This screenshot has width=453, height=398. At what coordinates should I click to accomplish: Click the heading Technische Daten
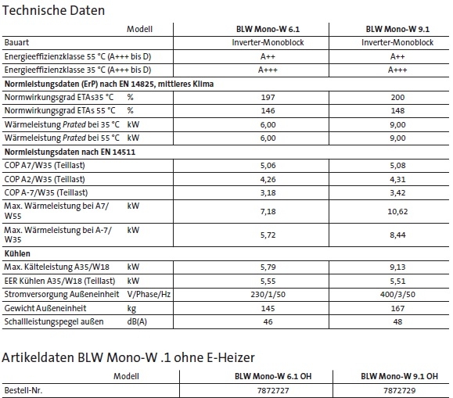[56, 11]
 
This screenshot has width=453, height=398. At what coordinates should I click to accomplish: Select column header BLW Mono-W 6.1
[268, 28]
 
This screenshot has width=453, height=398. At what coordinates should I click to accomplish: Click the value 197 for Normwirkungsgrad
[268, 97]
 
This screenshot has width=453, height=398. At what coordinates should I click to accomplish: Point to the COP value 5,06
[268, 165]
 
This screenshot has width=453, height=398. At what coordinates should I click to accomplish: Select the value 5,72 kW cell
[268, 235]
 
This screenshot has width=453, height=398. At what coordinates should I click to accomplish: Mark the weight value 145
[268, 307]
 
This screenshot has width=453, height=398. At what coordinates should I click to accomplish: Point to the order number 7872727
[268, 389]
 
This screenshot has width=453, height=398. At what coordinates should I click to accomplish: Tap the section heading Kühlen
[18, 253]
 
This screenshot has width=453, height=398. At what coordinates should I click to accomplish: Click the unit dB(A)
[138, 321]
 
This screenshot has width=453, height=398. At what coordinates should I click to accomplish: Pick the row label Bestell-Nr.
[23, 389]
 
